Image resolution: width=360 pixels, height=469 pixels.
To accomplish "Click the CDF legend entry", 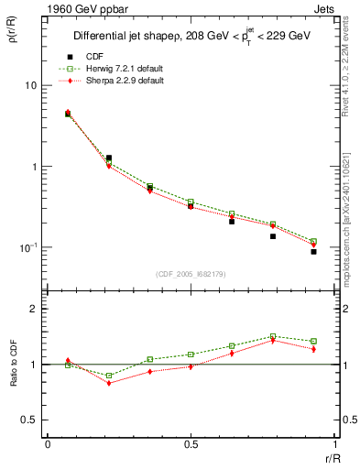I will pyautogui.click(x=93, y=57).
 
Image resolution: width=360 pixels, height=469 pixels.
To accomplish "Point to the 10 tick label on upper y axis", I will pyautogui.click(x=30, y=85).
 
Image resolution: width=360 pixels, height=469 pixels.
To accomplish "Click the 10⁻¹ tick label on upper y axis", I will pyautogui.click(x=27, y=247).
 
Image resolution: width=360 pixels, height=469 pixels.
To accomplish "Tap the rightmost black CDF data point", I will pyautogui.click(x=313, y=251).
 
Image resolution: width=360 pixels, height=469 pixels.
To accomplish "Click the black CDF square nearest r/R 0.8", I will pyautogui.click(x=272, y=236).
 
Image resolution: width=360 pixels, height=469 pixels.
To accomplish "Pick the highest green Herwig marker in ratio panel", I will pyautogui.click(x=272, y=336).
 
